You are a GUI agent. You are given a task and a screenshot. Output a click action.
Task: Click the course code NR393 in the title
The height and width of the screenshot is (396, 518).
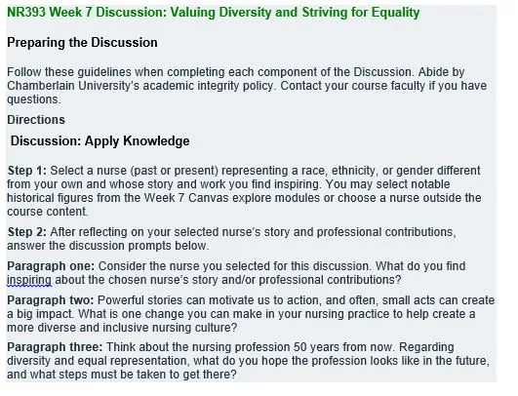point(26,13)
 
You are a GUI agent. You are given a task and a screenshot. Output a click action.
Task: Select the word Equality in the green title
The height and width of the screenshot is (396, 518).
point(395,14)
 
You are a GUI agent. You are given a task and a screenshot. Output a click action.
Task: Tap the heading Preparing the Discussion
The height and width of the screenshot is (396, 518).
point(82,43)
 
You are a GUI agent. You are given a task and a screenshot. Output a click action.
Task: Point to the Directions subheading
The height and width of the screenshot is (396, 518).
point(36,120)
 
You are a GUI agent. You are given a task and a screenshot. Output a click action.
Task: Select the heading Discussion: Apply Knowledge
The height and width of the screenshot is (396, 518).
point(100,141)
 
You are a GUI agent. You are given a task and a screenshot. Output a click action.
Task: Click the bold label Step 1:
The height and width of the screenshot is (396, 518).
point(27,171)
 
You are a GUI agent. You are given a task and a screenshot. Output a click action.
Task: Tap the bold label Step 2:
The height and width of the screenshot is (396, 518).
point(27,232)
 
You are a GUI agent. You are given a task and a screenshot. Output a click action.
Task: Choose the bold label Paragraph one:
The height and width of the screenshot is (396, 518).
point(51,266)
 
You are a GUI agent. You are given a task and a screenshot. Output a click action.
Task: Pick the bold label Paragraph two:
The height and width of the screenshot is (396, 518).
point(51,300)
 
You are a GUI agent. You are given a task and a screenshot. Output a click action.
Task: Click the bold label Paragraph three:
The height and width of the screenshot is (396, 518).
point(55,347)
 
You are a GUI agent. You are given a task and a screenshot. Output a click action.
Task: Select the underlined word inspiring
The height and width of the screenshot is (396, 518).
point(29,280)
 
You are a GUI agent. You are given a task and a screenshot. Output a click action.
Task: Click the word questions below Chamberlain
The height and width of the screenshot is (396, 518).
point(34,99)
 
